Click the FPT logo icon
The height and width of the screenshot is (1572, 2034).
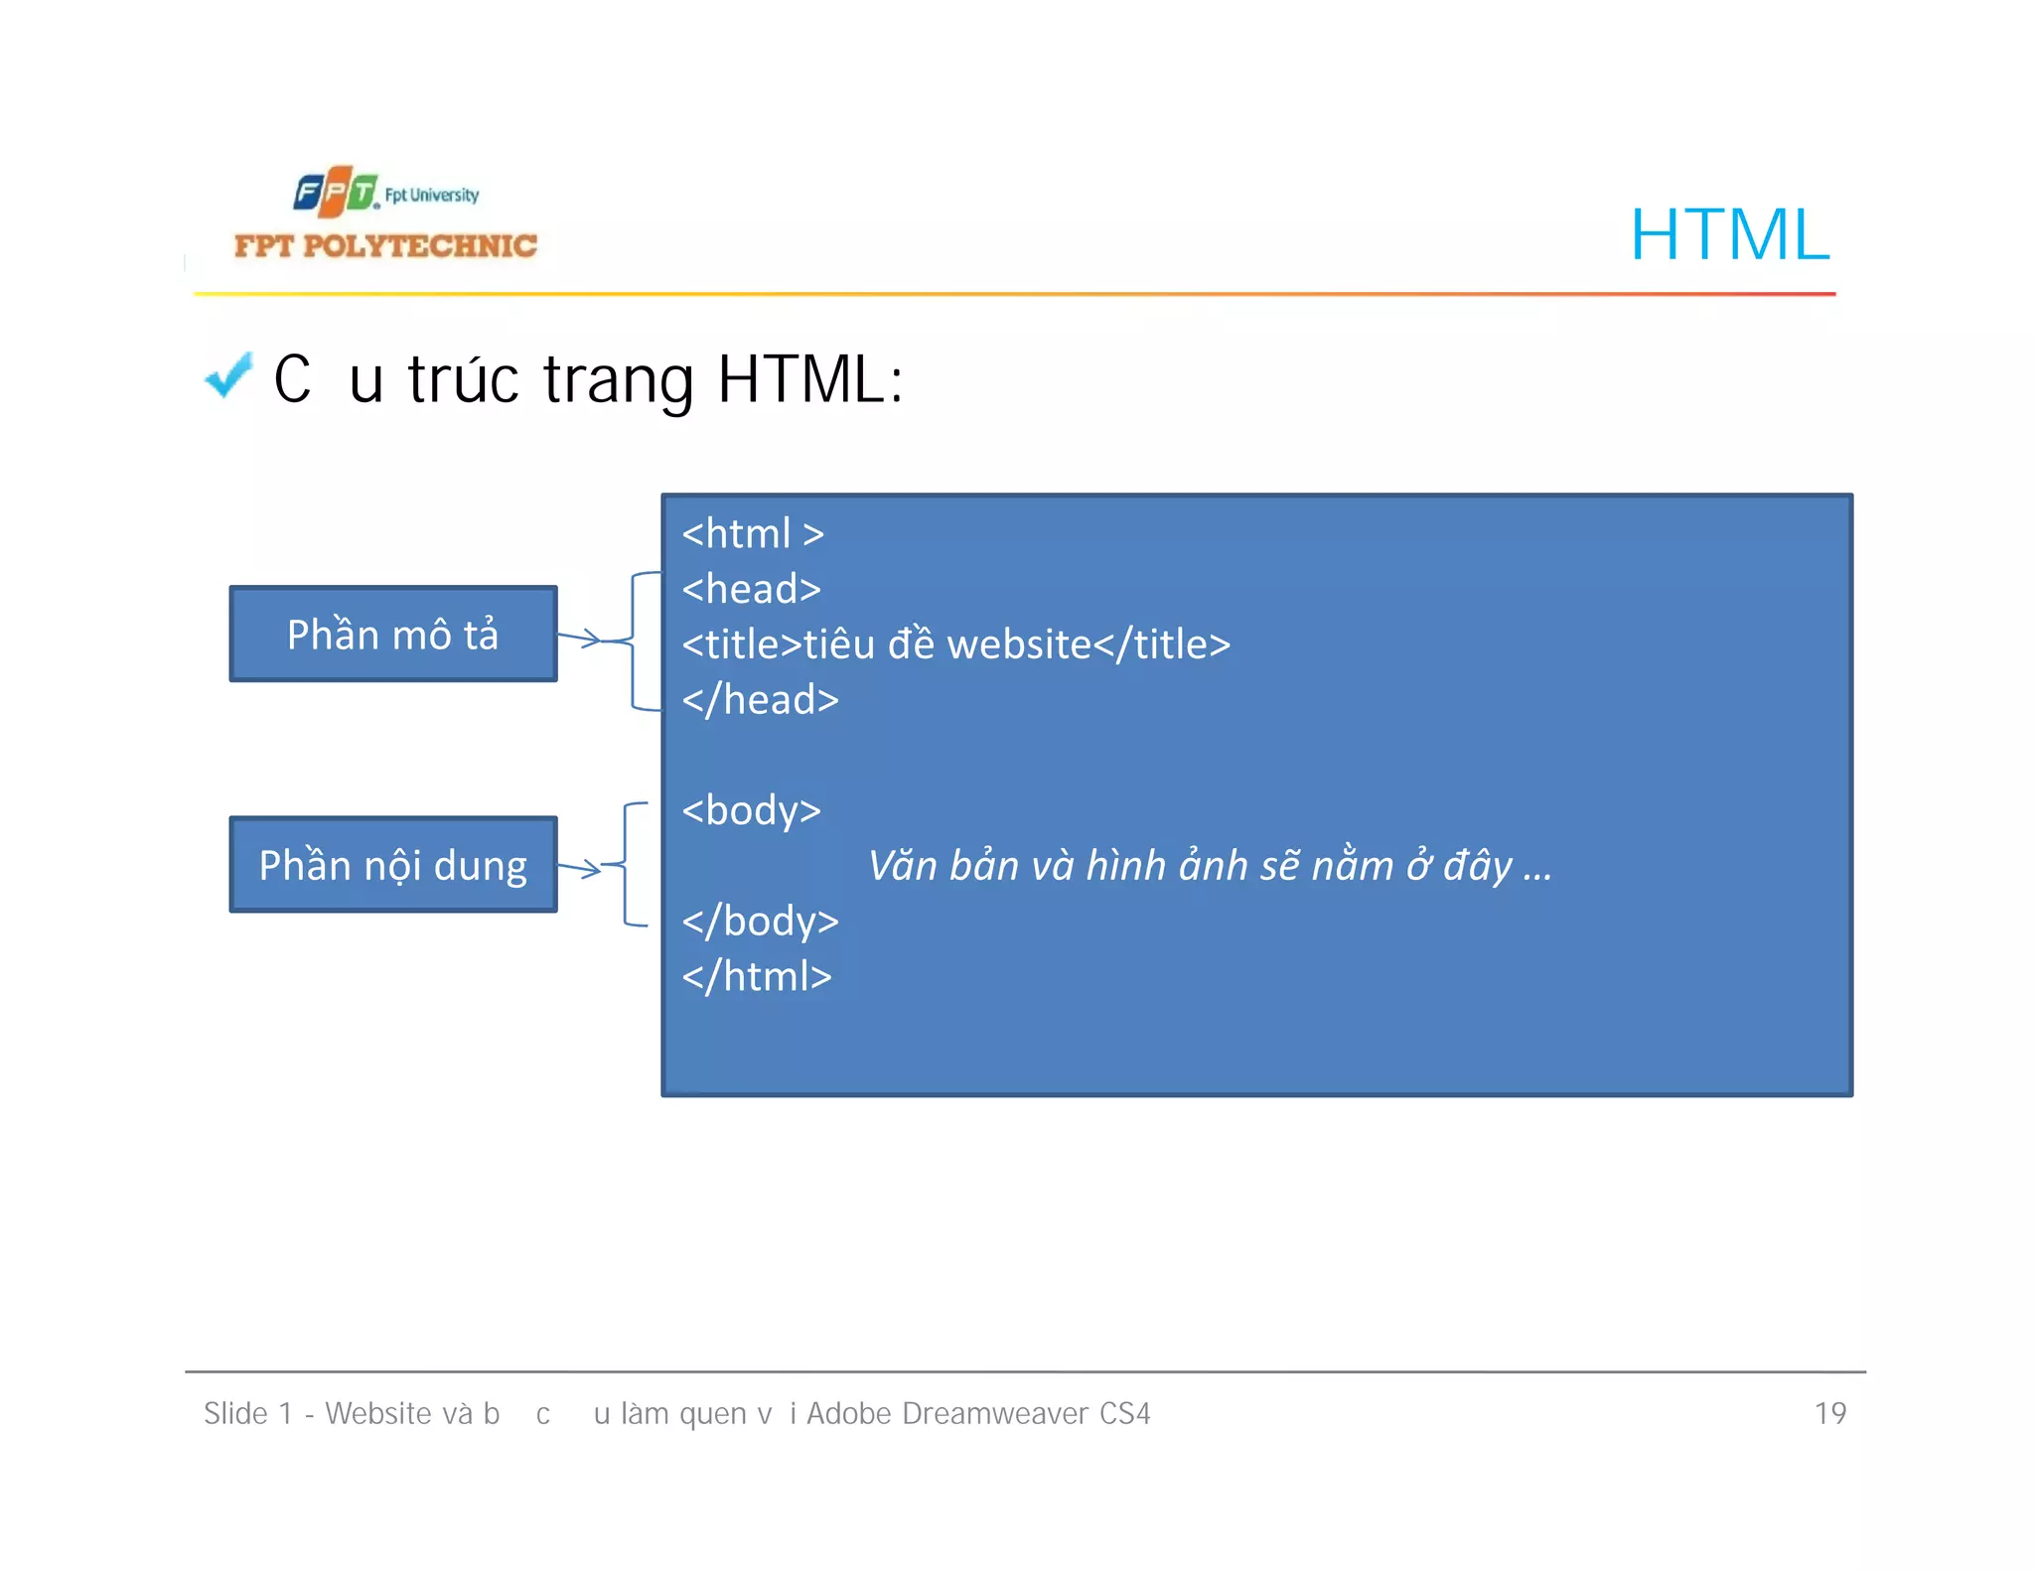point(336,192)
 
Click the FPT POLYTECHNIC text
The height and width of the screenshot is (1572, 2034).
point(385,245)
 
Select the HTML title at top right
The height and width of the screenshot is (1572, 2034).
point(1729,235)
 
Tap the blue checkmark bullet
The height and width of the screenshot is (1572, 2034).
point(228,376)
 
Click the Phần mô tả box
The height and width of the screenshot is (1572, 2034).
point(393,634)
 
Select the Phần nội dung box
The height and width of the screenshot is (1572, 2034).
point(393,865)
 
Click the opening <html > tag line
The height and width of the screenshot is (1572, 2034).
point(753,534)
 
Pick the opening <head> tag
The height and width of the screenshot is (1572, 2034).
point(752,589)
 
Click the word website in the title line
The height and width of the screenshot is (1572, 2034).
point(1019,644)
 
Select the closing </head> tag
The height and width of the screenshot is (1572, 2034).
point(761,700)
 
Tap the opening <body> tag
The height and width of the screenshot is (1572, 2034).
point(752,810)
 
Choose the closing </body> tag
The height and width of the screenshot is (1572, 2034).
point(761,922)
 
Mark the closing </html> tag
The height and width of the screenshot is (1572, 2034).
point(757,976)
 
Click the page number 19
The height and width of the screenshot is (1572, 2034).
point(1829,1413)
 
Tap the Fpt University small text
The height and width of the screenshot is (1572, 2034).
point(432,195)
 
